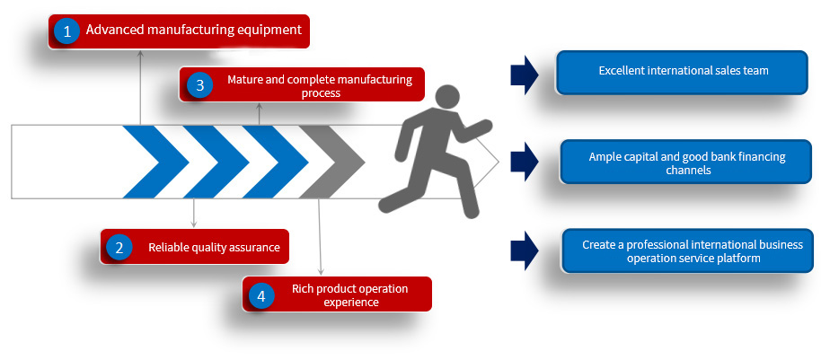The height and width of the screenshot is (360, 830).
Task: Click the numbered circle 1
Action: (x=66, y=31)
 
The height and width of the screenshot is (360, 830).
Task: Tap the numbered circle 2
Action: (x=119, y=247)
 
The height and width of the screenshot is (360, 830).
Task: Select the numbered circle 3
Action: (x=200, y=85)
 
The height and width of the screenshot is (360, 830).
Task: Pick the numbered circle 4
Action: (x=260, y=295)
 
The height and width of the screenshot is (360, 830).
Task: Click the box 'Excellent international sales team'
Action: (x=684, y=71)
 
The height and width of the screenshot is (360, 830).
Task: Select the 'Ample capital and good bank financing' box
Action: (x=686, y=162)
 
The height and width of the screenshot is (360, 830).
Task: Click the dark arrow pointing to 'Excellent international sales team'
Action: (x=525, y=75)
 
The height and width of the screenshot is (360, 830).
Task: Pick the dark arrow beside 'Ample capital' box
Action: (x=525, y=162)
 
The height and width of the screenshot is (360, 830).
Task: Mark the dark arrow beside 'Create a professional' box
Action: (x=525, y=251)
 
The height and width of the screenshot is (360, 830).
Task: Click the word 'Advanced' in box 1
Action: (x=114, y=31)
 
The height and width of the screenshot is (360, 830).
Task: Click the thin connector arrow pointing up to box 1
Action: (x=140, y=85)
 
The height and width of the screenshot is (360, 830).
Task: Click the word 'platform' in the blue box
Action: (x=738, y=258)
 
